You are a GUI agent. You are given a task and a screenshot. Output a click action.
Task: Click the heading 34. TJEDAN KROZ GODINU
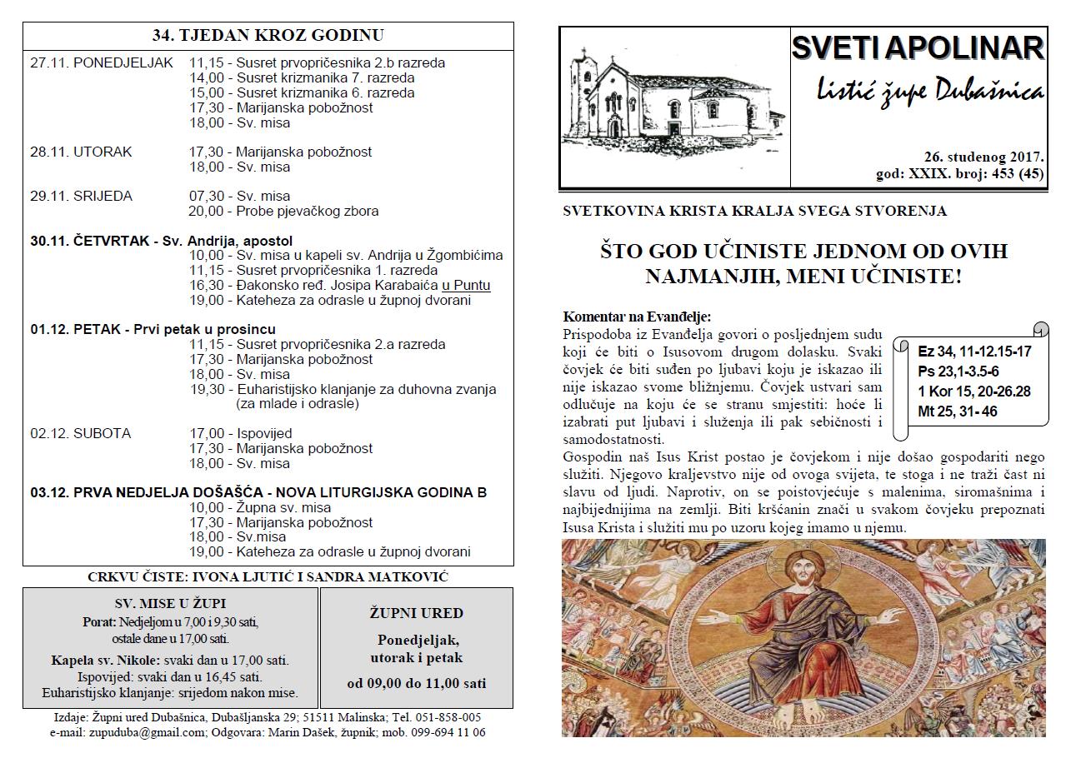(268, 36)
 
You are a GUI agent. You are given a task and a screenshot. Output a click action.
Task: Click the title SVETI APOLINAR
(918, 48)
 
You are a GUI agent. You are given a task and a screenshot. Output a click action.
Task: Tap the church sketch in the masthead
(673, 104)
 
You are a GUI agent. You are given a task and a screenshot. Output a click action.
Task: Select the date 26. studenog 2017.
(983, 157)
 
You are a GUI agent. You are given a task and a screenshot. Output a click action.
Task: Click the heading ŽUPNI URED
(416, 613)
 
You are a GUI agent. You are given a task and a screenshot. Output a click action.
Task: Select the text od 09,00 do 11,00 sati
(417, 684)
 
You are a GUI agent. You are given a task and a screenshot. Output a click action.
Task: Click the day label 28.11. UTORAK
(81, 152)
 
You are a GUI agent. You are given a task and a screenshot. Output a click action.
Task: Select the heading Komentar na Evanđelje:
(637, 317)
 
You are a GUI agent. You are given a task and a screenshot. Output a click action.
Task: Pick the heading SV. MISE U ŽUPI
(170, 603)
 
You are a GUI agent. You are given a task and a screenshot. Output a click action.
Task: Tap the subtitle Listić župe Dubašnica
(928, 92)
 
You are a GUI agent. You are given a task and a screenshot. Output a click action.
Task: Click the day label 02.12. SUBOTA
(80, 434)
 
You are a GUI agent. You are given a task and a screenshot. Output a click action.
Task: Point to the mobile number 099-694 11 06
(446, 733)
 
